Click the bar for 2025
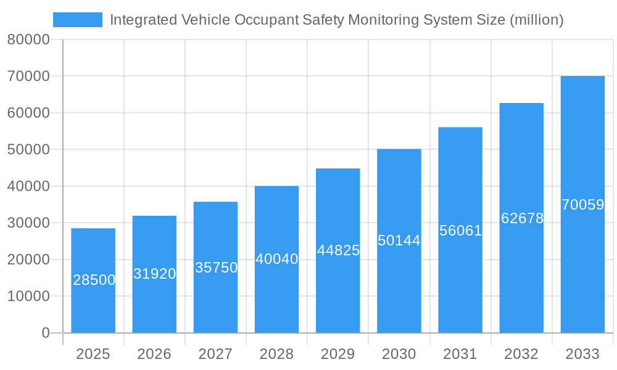(93, 281)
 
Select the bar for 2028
(276, 259)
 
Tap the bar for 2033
(582, 204)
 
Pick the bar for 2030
(399, 240)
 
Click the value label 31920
(154, 274)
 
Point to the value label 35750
(216, 268)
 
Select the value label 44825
(338, 250)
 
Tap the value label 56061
(460, 231)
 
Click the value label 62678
(522, 218)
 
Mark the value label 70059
(582, 205)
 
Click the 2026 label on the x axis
(154, 354)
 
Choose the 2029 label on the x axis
(338, 354)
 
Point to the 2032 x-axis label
(521, 354)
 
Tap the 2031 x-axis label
(460, 354)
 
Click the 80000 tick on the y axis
(28, 39)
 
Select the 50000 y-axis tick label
(28, 149)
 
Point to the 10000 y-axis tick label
(28, 296)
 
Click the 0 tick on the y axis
(46, 333)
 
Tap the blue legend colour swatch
(78, 20)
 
